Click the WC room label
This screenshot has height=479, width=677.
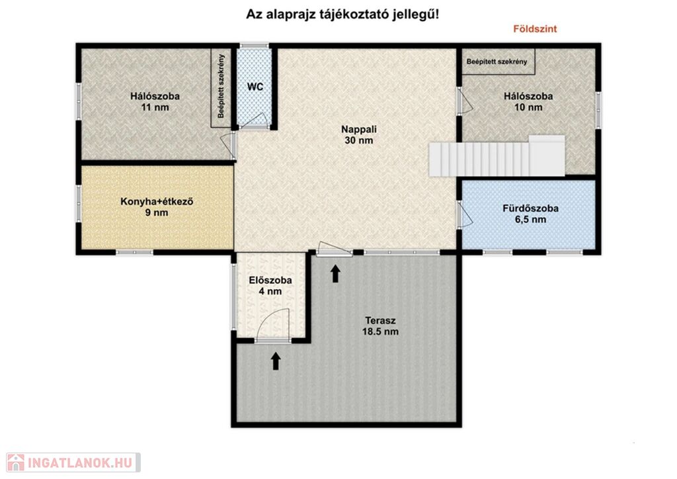[x=255, y=87]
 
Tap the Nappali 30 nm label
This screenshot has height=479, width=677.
[x=359, y=135]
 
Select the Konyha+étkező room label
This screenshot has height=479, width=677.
[x=157, y=207]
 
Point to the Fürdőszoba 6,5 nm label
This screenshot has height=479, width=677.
[x=530, y=214]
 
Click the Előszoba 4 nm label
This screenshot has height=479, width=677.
[x=270, y=286]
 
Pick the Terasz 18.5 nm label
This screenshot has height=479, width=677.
[x=380, y=326]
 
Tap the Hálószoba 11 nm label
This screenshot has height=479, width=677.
[x=155, y=101]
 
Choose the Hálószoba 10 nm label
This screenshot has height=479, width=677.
[x=528, y=101]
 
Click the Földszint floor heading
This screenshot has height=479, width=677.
[x=535, y=29]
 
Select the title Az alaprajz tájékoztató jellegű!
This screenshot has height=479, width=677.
[x=342, y=15]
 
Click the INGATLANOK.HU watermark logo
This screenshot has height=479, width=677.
[x=73, y=462]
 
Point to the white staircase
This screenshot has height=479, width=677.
[x=497, y=156]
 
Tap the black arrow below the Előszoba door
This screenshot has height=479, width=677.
[x=276, y=361]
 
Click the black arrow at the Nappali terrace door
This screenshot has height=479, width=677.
[x=335, y=274]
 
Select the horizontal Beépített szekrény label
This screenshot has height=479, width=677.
[x=497, y=62]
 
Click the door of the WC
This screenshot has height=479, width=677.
[x=253, y=120]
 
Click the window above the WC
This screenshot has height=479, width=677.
[x=255, y=46]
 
